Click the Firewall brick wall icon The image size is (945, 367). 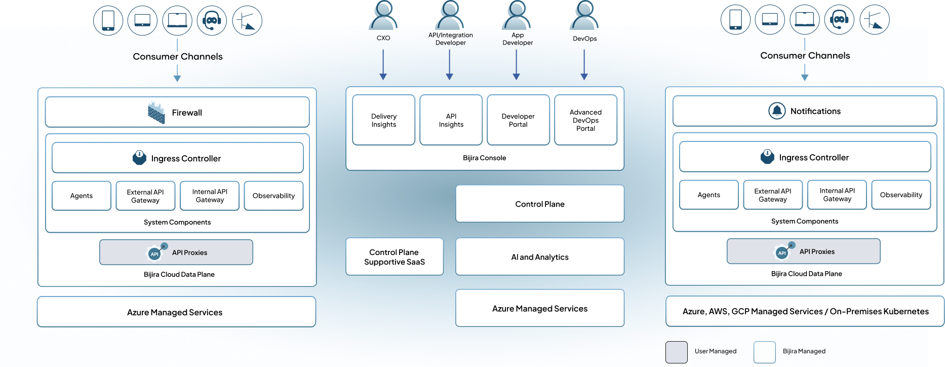[x=156, y=113]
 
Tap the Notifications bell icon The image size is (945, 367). [x=777, y=111]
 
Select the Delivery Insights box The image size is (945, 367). [x=383, y=120]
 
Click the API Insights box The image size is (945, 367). [x=451, y=120]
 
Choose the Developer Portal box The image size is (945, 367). [x=518, y=120]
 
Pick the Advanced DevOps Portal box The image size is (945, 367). [x=585, y=120]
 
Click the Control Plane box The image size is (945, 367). [x=540, y=204]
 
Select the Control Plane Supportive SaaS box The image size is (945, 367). [x=395, y=257]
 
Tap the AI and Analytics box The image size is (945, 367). [x=540, y=257]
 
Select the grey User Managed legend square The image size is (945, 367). [x=676, y=352]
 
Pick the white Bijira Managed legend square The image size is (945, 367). [x=764, y=352]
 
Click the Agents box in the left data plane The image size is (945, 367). [x=82, y=196]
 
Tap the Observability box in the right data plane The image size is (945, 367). [x=901, y=195]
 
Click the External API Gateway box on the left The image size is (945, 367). [x=145, y=196]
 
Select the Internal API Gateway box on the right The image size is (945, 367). [x=837, y=195]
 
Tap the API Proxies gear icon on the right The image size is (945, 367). [x=782, y=252]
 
